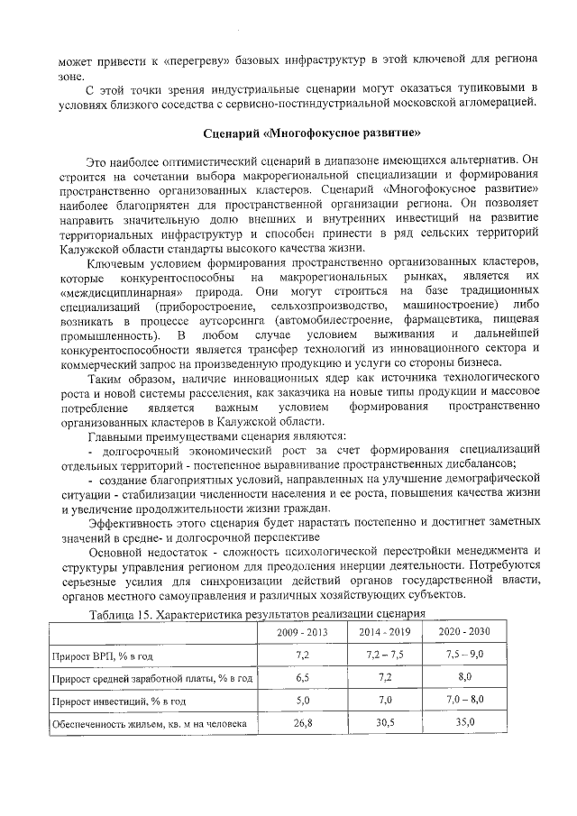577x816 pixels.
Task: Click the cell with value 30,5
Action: pyautogui.click(x=385, y=721)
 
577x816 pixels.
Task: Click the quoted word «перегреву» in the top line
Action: pyautogui.click(x=193, y=60)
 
